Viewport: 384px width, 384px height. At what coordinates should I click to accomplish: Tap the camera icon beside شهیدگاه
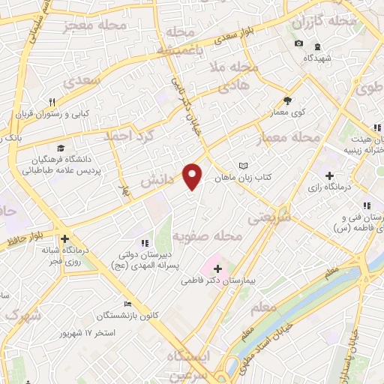(299, 43)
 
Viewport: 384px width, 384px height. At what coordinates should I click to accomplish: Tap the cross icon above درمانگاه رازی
(328, 175)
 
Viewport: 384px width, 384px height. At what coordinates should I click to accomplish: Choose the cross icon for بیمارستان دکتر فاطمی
(217, 268)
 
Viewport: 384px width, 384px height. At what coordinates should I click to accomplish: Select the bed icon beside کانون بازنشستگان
(129, 304)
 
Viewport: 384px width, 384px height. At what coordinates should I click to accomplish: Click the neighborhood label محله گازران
(346, 21)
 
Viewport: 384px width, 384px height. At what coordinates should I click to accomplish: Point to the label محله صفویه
(208, 237)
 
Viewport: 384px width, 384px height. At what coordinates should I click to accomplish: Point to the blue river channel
(315, 300)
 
